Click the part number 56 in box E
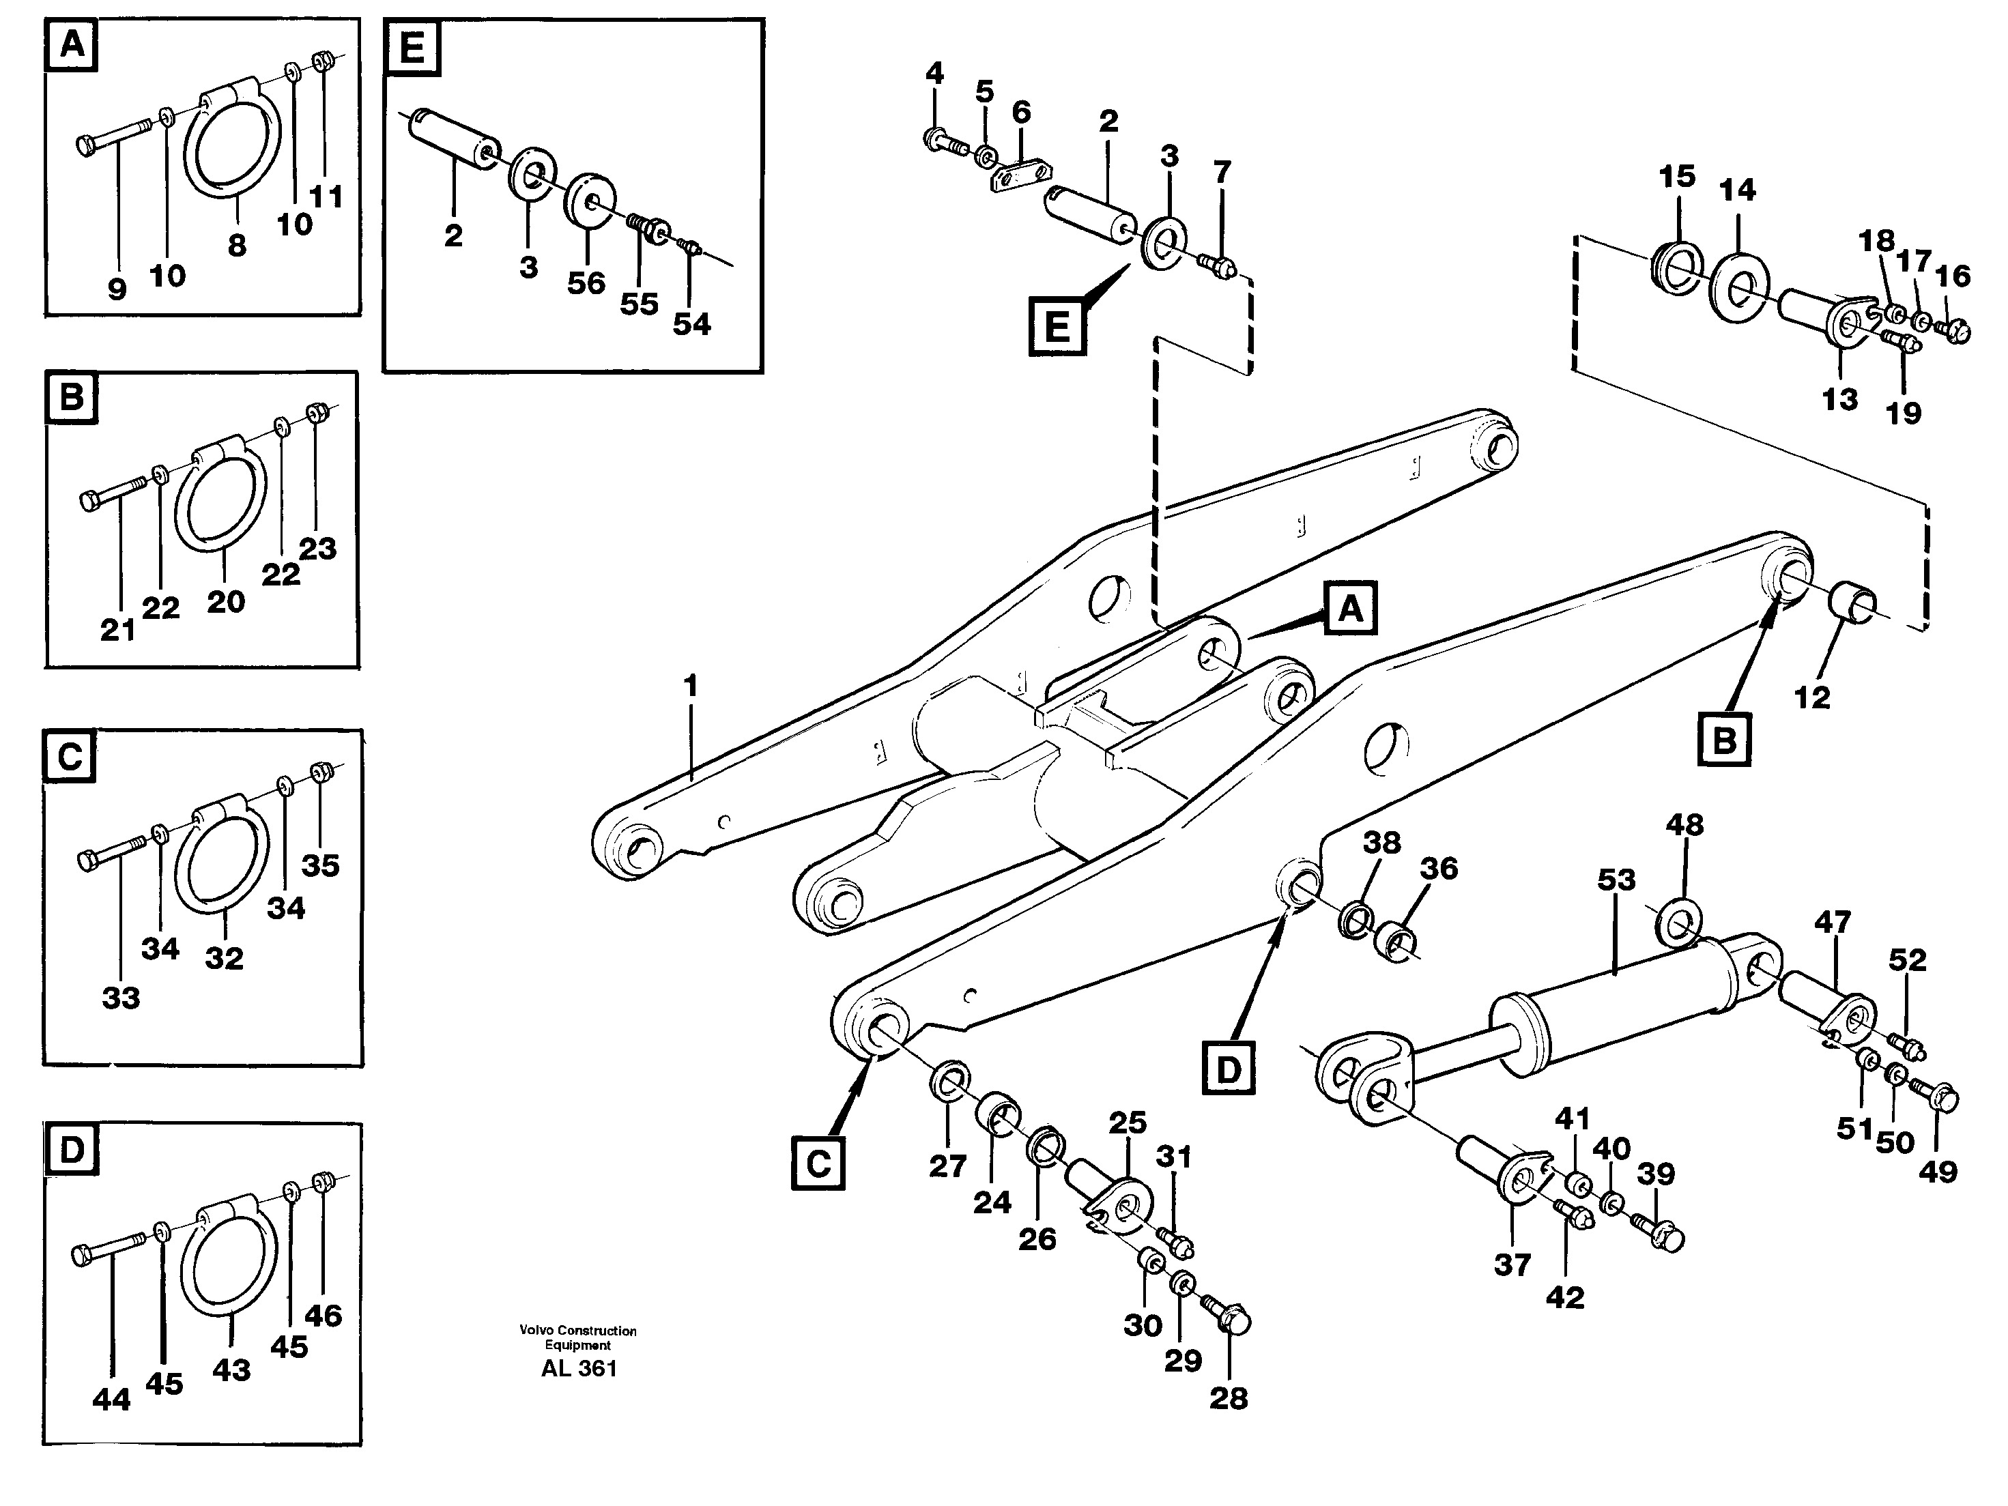coord(586,283)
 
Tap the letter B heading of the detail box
coord(72,398)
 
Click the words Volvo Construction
coord(578,1331)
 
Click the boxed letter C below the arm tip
coord(818,1163)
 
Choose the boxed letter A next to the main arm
coord(1351,607)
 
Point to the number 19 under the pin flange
coord(1903,413)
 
